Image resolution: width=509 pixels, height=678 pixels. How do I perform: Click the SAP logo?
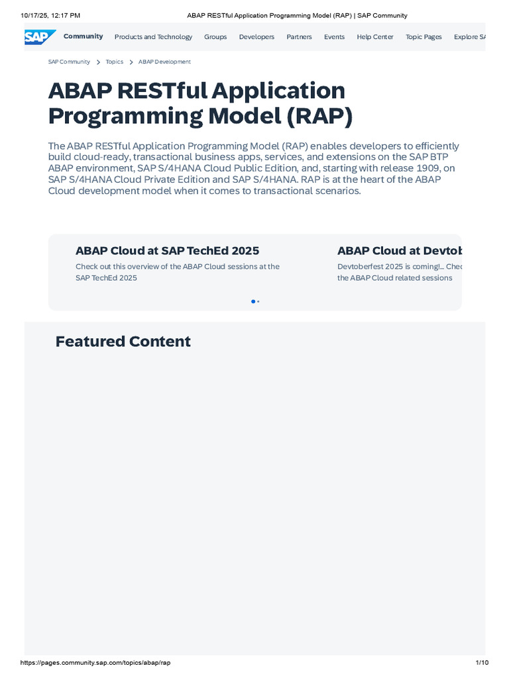click(40, 37)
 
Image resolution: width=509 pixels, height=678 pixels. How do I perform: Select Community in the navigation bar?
click(83, 36)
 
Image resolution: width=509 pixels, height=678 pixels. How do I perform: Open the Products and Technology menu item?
click(153, 37)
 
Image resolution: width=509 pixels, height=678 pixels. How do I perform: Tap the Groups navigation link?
click(215, 37)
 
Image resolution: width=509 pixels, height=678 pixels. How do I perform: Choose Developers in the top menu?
click(256, 37)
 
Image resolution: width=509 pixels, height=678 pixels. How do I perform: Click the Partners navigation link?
click(299, 37)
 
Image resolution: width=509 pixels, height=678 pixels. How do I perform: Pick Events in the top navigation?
click(334, 37)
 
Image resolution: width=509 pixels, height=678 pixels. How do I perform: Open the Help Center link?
click(375, 37)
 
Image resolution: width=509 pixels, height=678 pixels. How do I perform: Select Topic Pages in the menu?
click(424, 37)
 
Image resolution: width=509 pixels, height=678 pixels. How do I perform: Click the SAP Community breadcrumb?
click(69, 62)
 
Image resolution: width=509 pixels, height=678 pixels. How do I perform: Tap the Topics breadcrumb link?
click(114, 62)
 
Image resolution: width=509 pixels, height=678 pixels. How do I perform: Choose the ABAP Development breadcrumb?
click(164, 62)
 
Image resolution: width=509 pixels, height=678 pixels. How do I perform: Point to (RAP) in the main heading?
click(319, 116)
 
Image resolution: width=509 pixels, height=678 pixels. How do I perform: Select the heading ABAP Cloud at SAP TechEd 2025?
click(167, 251)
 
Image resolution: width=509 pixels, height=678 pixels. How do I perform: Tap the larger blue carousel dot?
click(253, 301)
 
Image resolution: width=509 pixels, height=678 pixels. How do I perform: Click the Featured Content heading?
click(123, 342)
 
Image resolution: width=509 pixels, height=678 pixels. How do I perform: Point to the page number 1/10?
click(482, 662)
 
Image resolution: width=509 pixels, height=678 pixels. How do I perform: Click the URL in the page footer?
click(95, 662)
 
